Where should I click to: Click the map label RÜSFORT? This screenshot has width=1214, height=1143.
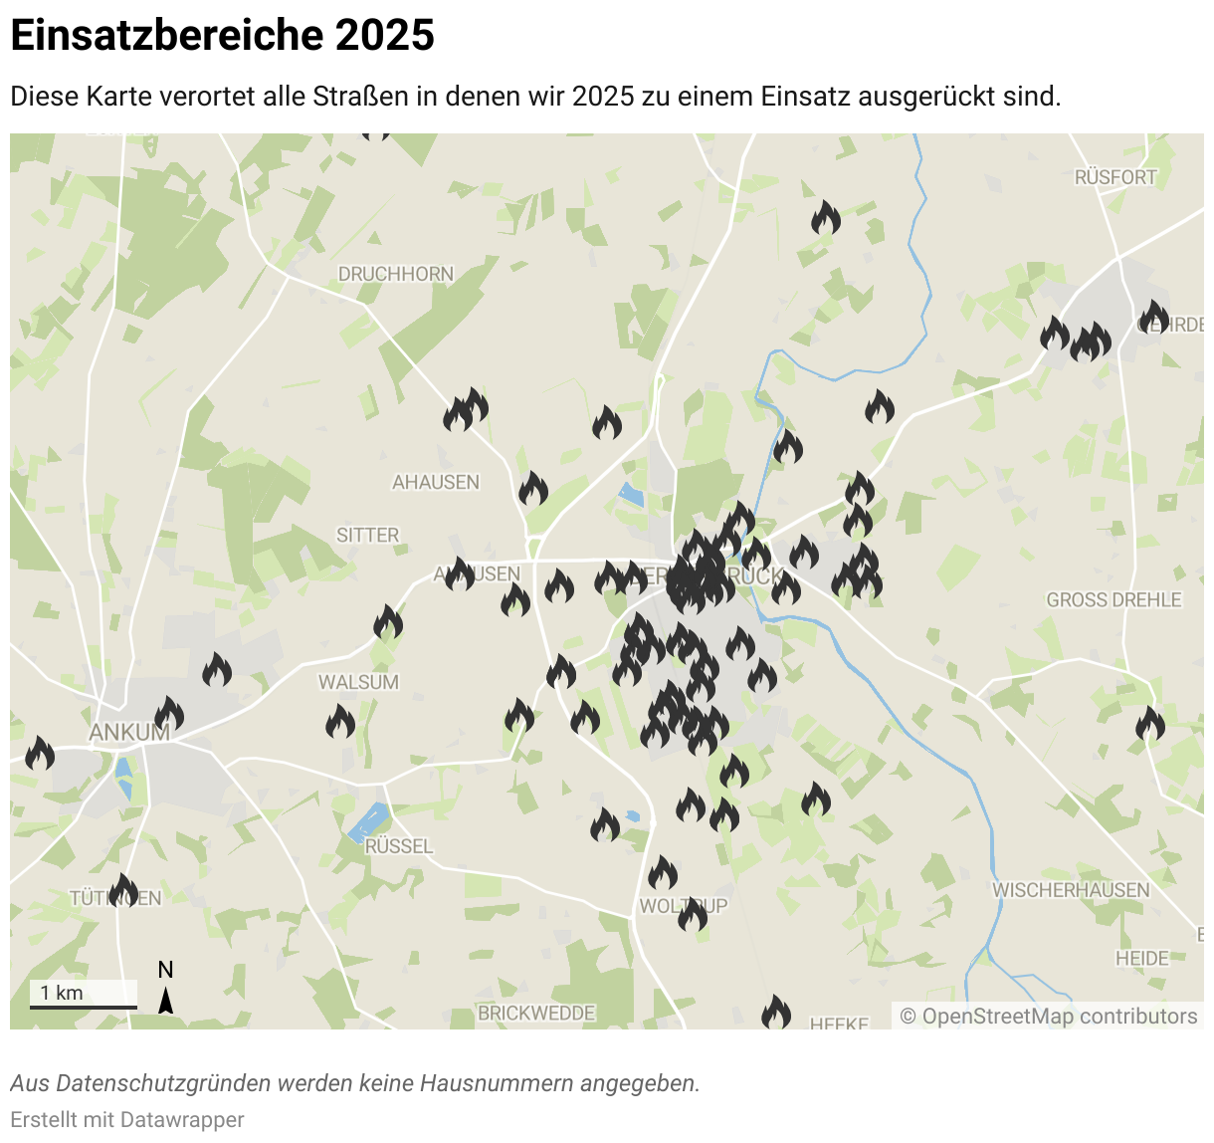pos(1115,177)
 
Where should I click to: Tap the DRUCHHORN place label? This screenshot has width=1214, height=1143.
pos(395,274)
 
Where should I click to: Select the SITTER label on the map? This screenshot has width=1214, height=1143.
pos(367,536)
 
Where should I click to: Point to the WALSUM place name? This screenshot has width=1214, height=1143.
pos(358,683)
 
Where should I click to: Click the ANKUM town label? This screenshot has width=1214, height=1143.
pos(129,733)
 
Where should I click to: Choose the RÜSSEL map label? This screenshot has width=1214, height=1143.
pos(399,846)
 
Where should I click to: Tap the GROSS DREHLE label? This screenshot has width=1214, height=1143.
pos(1113,600)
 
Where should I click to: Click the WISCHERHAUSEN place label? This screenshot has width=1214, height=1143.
pos(1071,890)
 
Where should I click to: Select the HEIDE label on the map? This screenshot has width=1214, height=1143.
pos(1141,959)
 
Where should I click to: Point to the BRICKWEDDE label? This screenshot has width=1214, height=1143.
pos(536,1014)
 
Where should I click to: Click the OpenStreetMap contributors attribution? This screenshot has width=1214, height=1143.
pos(1049,1017)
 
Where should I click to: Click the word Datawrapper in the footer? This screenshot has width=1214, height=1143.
pos(182,1120)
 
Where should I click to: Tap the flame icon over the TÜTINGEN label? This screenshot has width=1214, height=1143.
pos(123,890)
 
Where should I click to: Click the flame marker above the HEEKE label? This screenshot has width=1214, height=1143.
pos(776,1014)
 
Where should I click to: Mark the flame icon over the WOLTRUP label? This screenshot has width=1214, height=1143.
pos(693,914)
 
